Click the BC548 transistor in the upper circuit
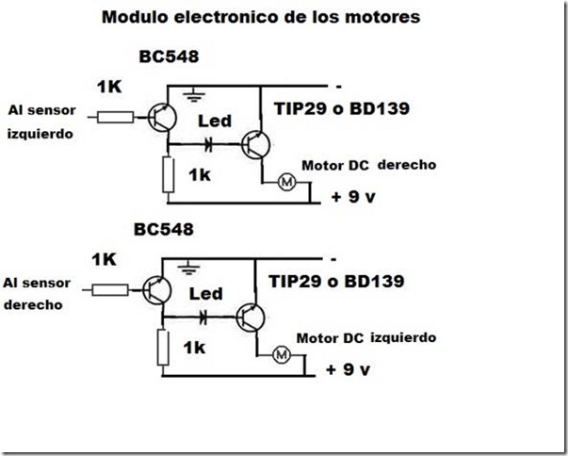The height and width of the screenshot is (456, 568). tap(163, 116)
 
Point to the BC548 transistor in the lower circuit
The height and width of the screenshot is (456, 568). tap(157, 290)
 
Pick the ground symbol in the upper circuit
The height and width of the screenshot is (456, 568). tap(194, 94)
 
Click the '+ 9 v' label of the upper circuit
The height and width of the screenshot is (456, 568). tap(350, 198)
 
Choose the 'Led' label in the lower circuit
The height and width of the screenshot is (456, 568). tap(205, 294)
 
